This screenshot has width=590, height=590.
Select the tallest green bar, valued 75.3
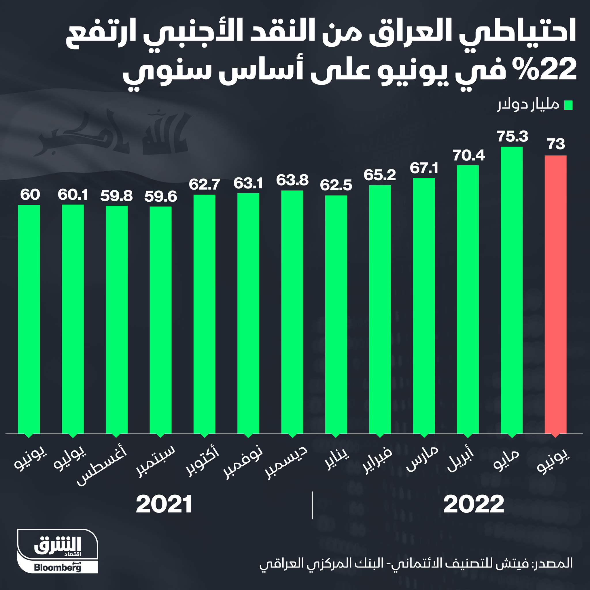(512, 290)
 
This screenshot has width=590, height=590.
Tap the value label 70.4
(468, 156)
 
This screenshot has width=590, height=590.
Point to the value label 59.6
(161, 197)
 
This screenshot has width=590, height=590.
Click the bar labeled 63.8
(292, 311)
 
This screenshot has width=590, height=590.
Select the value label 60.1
(73, 195)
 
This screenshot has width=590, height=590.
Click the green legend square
(568, 105)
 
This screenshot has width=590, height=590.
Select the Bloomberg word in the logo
(58, 568)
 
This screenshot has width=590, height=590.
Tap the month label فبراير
(377, 461)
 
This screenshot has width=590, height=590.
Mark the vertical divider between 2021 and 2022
(312, 505)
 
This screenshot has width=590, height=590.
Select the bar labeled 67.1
(423, 305)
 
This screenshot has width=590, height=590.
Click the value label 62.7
(204, 184)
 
